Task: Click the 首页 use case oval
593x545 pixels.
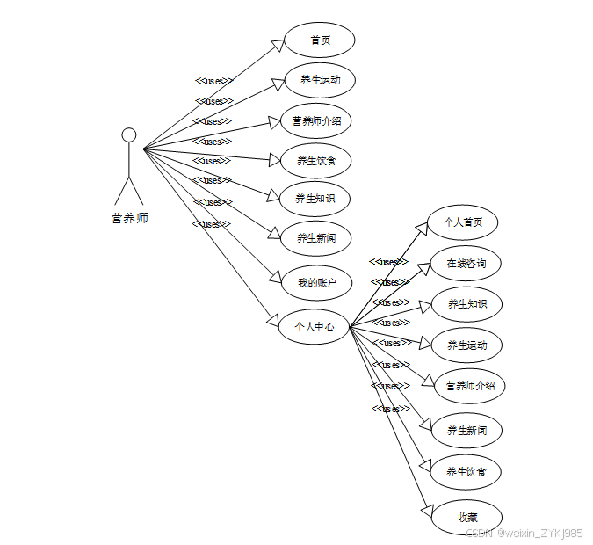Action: click(x=319, y=40)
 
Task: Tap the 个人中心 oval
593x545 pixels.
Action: click(x=314, y=326)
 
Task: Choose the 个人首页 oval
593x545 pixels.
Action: click(x=462, y=222)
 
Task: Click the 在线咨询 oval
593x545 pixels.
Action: click(x=466, y=263)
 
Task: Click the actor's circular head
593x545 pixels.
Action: click(x=129, y=134)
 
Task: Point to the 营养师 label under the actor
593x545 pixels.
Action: click(x=130, y=218)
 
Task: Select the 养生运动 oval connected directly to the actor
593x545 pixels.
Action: click(x=319, y=80)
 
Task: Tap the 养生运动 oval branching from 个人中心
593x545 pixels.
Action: click(x=466, y=345)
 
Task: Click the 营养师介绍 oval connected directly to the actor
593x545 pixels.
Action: click(x=316, y=120)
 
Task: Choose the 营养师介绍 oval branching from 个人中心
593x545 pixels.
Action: click(x=470, y=385)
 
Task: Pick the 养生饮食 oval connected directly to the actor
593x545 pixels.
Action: click(x=316, y=160)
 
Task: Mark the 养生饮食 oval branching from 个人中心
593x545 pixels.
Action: click(x=466, y=471)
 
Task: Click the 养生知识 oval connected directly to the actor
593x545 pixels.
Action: click(x=315, y=199)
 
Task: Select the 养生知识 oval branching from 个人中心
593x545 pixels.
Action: click(x=466, y=303)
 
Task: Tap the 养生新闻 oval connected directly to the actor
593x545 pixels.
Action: click(x=315, y=237)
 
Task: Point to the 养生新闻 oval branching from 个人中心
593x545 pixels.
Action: click(x=466, y=430)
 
